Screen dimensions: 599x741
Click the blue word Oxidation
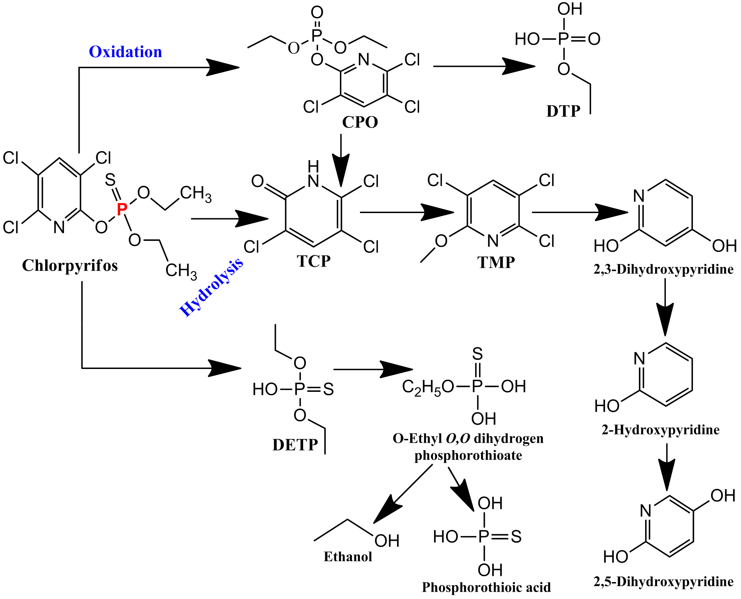[125, 52]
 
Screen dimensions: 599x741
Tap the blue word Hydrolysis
[211, 288]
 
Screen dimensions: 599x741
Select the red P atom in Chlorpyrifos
[122, 209]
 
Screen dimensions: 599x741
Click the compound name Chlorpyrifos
[70, 266]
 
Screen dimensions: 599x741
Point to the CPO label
[360, 122]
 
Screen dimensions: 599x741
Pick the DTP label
[563, 111]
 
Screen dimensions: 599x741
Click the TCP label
[314, 261]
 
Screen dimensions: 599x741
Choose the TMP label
[496, 262]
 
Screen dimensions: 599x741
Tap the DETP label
[295, 445]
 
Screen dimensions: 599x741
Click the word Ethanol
[348, 557]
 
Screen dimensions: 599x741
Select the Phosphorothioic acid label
[486, 587]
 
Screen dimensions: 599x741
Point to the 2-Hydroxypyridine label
[661, 430]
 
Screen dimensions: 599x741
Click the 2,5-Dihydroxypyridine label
[663, 582]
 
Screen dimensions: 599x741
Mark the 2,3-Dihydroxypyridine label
[663, 269]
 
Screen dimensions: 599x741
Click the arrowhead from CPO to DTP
[521, 66]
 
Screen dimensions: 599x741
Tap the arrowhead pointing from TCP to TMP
[440, 212]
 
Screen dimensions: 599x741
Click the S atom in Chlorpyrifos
[110, 180]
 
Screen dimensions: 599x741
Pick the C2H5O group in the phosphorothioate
[428, 387]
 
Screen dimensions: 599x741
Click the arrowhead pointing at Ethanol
[386, 511]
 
